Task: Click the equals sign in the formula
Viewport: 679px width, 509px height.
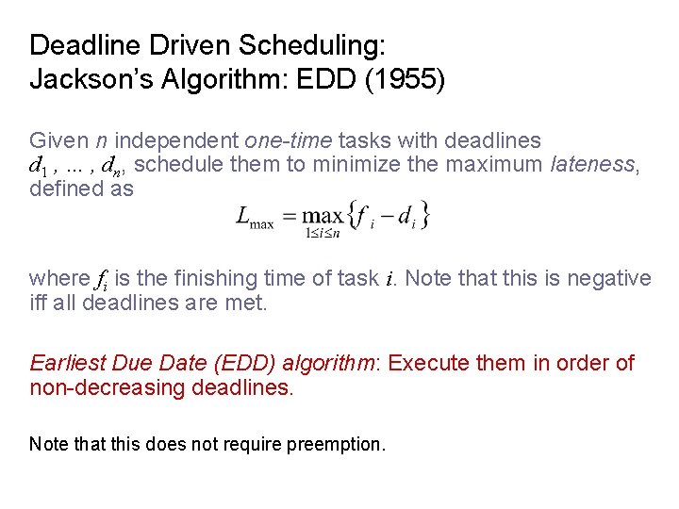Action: [290, 217]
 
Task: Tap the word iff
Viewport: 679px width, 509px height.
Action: [40, 303]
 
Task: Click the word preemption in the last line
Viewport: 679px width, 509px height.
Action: [340, 444]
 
